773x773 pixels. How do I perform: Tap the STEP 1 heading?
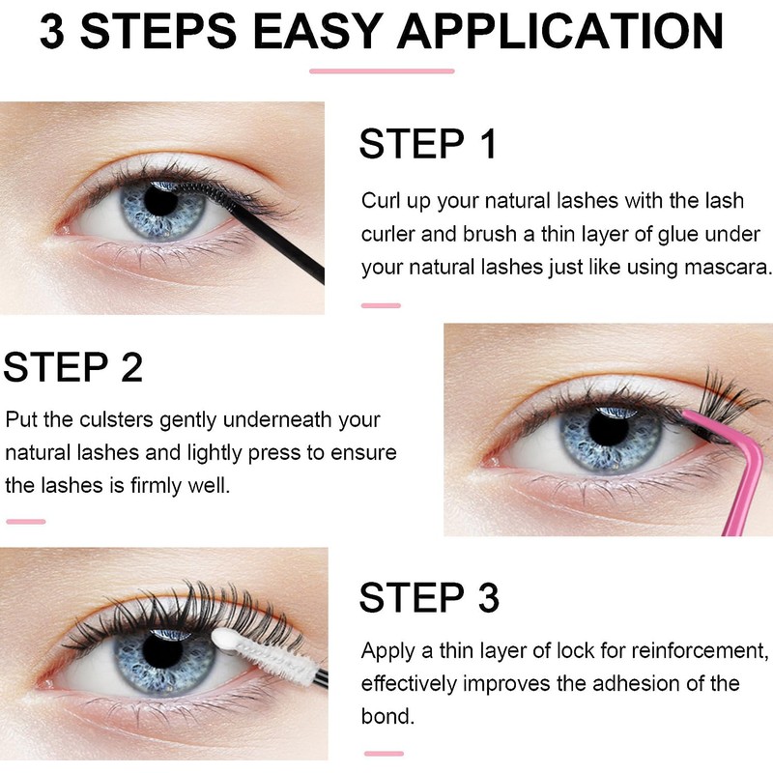[427, 144]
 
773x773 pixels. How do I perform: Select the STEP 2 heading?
[73, 367]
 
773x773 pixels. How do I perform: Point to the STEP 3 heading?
[429, 598]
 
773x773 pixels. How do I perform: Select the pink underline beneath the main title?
[381, 71]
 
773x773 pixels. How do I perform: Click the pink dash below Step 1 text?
[380, 305]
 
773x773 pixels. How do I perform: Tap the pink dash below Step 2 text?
[25, 522]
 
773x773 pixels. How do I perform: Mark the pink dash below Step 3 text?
[384, 753]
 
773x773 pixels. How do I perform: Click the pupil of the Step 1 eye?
[157, 203]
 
